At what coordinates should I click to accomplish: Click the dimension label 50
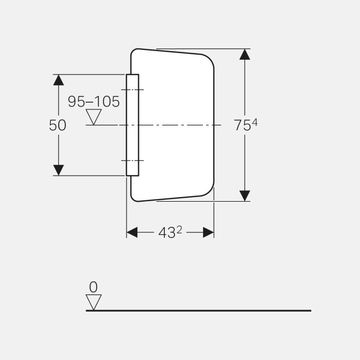pos(57,126)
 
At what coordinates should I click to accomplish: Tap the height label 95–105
pos(94,101)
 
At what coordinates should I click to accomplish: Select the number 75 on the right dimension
pos(242,126)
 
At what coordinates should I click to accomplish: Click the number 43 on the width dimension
pos(166,233)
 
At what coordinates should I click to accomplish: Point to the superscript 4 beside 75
pos(254,123)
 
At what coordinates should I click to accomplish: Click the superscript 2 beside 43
pos(179,230)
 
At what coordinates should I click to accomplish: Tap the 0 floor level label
pos(93,287)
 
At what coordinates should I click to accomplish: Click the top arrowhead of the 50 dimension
pos(58,80)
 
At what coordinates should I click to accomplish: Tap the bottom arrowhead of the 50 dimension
pos(58,170)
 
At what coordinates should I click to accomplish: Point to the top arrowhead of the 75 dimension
pos(244,54)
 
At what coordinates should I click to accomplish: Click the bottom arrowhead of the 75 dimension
pos(244,196)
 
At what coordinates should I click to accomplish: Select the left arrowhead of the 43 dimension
pos(132,232)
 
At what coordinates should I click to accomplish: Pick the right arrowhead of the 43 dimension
pos(208,232)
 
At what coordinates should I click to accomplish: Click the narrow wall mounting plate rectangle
pos(133,142)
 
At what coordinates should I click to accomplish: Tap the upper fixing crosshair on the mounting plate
pos(132,90)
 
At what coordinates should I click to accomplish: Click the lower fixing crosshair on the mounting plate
pos(132,161)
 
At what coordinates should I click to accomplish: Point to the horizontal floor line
pos(199,311)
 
